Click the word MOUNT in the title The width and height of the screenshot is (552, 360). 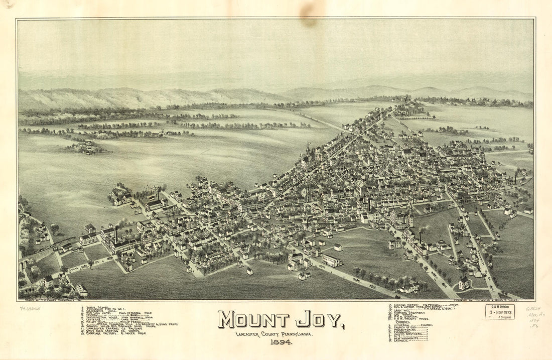tap(253, 320)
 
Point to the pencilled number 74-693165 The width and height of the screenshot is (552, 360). tap(30, 309)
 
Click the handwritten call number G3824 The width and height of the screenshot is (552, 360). tap(533, 308)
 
